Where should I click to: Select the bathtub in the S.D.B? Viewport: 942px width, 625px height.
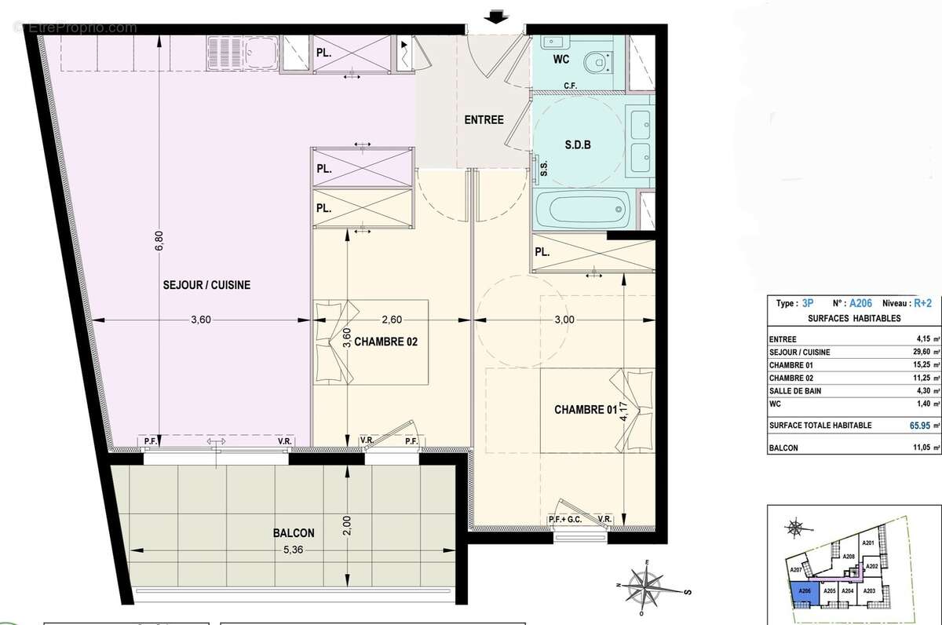[584, 210]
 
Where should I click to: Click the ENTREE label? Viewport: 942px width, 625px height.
[484, 120]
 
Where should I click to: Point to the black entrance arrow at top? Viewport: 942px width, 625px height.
[495, 16]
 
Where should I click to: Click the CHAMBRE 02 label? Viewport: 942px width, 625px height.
[385, 342]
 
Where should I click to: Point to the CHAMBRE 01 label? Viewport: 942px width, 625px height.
[586, 409]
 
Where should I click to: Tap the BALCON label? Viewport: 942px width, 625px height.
[294, 532]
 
